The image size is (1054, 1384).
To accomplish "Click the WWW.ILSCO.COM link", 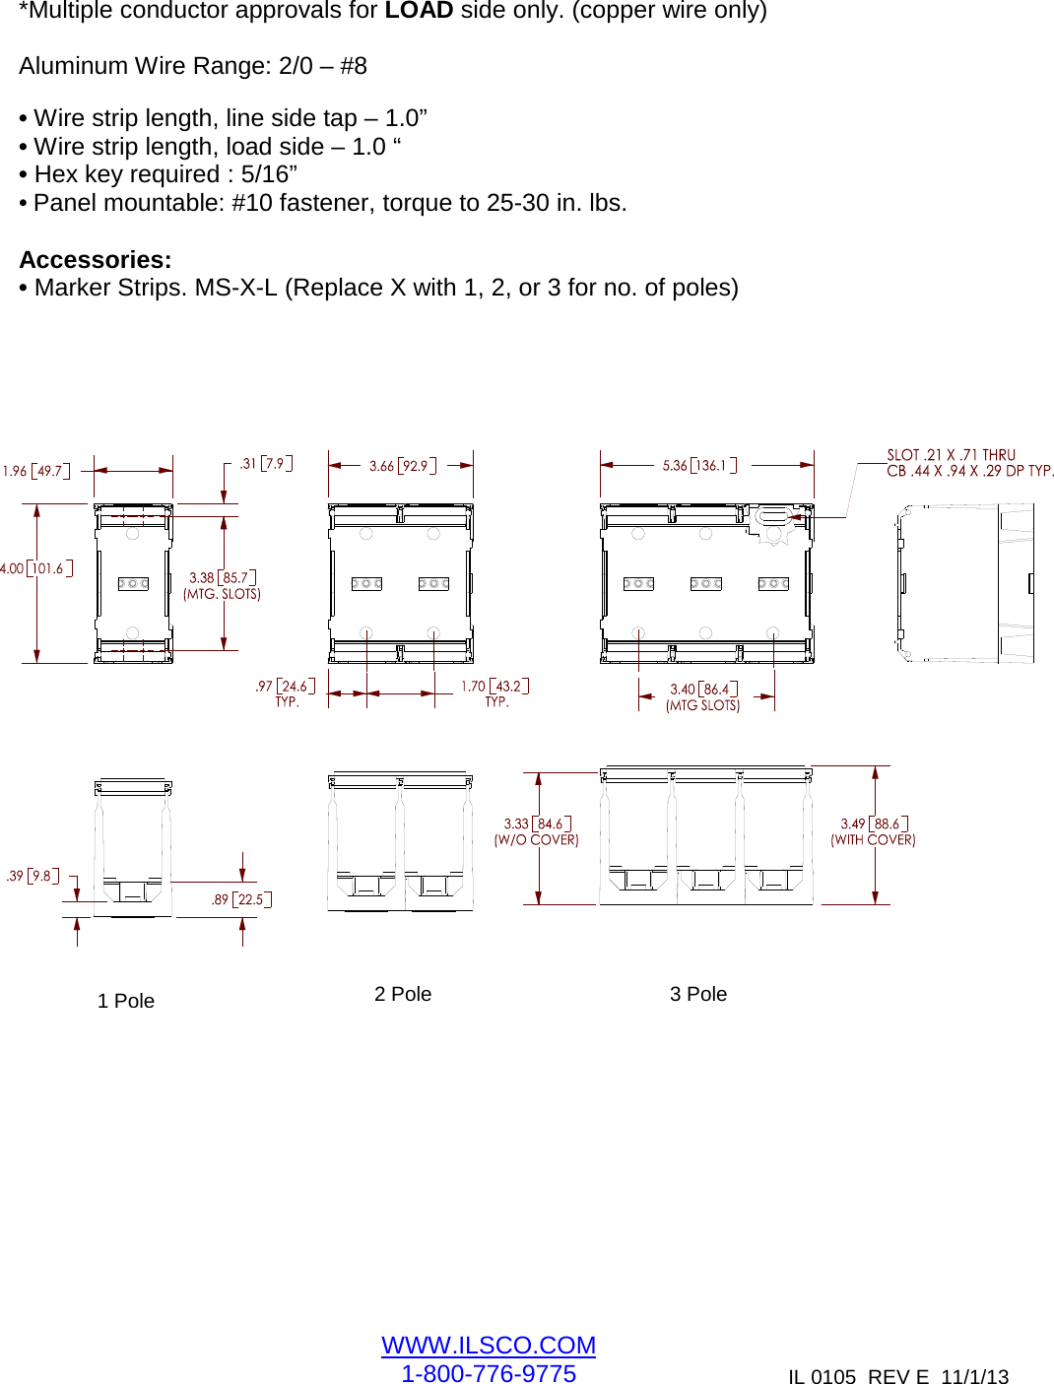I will coord(488,1345).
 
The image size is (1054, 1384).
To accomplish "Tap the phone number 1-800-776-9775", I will coord(488,1373).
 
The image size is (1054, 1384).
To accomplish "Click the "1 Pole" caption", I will coord(126,1001).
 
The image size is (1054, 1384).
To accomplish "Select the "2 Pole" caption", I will coord(402,994).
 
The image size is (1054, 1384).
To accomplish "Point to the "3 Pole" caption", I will coord(697,994).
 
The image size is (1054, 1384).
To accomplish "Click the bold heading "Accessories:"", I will coord(96,260).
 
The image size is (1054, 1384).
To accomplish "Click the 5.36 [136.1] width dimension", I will coord(698,465).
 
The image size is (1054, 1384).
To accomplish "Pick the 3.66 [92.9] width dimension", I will coord(402,465).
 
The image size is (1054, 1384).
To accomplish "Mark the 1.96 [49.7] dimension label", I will coord(36,471).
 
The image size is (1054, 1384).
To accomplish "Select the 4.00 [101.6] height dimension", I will coord(35,568).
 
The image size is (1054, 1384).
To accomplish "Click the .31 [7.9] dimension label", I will coord(266,463).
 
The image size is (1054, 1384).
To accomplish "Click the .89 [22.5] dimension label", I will coord(241,899).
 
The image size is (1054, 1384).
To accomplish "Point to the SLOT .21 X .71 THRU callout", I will coord(951,455).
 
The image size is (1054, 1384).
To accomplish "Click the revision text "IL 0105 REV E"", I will coord(858,1376).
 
